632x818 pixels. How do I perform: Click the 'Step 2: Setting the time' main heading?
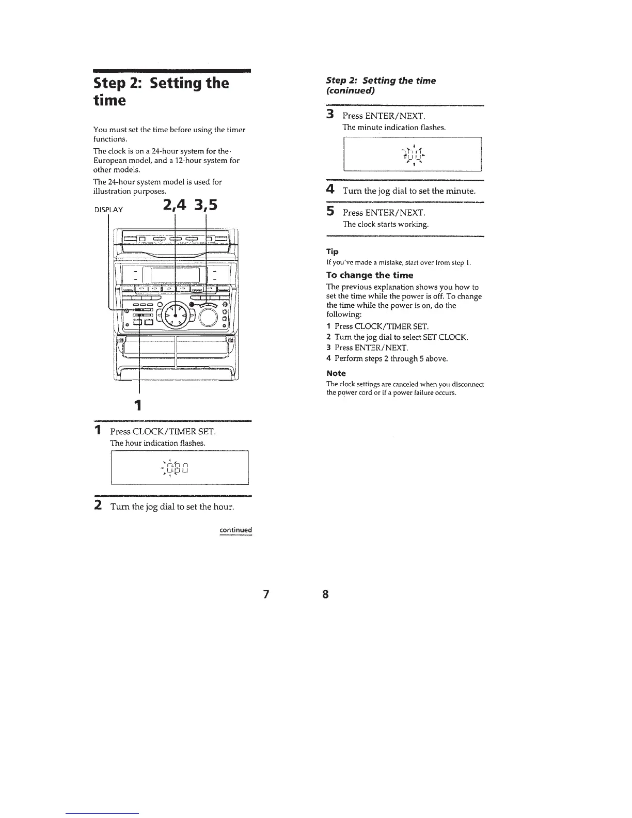(161, 91)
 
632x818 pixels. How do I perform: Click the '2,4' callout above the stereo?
(174, 206)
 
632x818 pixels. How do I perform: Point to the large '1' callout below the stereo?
(138, 403)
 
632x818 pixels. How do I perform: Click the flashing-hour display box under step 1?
(180, 467)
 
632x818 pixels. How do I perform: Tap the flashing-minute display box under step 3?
(412, 154)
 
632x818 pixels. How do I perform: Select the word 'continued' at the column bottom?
(235, 530)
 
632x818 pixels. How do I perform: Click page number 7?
(266, 594)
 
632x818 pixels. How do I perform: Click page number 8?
(325, 594)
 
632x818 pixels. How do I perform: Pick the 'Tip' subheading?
(332, 251)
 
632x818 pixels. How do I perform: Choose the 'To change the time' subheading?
(370, 275)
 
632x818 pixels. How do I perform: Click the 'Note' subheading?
(336, 373)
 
